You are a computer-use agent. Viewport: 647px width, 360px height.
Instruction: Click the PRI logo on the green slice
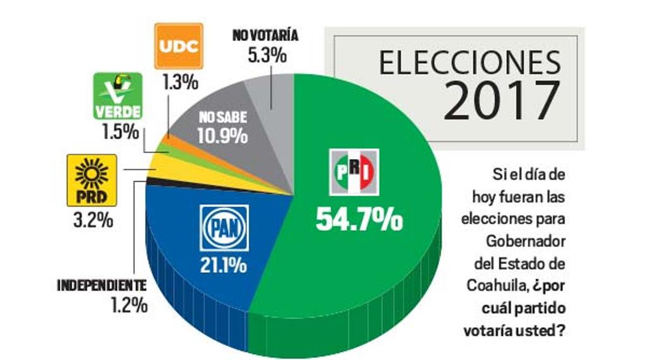(354, 171)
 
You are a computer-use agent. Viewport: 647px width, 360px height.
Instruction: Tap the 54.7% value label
(359, 220)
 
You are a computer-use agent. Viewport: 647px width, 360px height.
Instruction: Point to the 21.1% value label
(224, 266)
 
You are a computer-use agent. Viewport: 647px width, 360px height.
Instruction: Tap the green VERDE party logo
(118, 96)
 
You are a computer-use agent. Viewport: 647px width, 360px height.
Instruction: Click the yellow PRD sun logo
(92, 179)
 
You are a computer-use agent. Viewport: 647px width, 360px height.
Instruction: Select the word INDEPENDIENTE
(102, 285)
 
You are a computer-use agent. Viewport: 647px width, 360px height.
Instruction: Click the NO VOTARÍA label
(265, 35)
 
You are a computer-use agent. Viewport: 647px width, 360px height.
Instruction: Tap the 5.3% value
(267, 56)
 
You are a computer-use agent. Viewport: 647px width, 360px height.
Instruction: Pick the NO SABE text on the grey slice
(222, 118)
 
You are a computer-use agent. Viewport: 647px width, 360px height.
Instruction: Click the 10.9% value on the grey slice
(222, 136)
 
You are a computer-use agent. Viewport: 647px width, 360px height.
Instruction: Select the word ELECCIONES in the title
(469, 63)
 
